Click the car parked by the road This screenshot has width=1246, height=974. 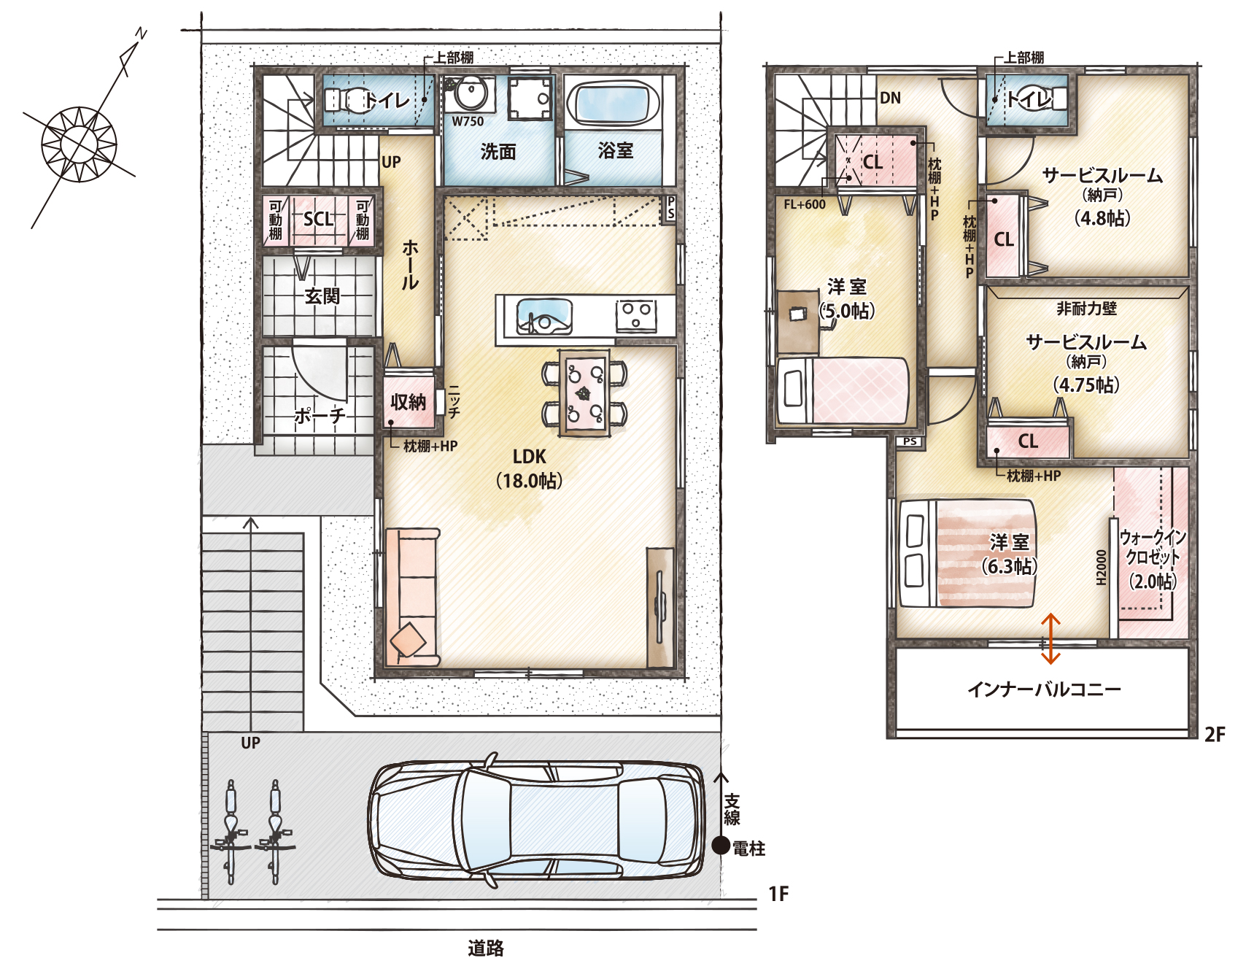[536, 820]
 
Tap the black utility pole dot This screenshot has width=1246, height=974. [721, 846]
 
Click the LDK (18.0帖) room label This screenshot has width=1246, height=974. [530, 469]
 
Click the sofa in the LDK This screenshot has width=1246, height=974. [412, 597]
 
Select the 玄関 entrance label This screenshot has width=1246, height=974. [322, 296]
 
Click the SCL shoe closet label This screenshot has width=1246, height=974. [318, 219]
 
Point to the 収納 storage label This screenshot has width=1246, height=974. [408, 401]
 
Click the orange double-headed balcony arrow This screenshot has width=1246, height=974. [1050, 638]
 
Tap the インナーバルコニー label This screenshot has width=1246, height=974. [1044, 689]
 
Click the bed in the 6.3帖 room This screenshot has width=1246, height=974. [967, 553]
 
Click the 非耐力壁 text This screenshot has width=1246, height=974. [1086, 309]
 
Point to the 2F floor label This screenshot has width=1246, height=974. [1215, 735]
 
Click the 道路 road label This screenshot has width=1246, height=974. [486, 948]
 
